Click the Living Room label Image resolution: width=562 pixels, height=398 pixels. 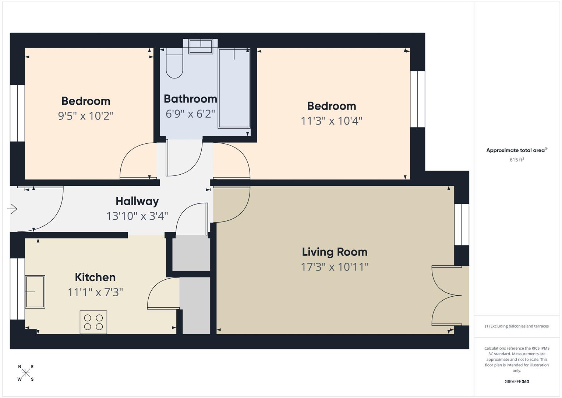pos(335,252)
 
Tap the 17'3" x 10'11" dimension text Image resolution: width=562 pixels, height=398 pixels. pos(335,267)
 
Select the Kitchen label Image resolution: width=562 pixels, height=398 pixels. pos(95,277)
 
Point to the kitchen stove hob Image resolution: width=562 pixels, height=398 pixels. pos(93,322)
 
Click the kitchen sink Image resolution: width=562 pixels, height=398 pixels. pos(35,292)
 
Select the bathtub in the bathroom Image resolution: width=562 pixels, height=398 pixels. pos(234,88)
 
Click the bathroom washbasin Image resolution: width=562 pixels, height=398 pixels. pos(201,46)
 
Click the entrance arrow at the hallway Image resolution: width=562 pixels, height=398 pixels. pos(12,209)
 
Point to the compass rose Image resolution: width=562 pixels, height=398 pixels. pos(26,373)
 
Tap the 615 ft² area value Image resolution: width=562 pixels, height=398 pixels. pos(517,160)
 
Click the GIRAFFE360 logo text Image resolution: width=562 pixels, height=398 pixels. pos(517,381)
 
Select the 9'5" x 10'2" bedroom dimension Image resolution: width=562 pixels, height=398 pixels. pos(86,116)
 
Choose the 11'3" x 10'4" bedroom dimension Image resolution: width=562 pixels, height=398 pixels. pos(332,121)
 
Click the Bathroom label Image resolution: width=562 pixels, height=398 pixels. pos(190,99)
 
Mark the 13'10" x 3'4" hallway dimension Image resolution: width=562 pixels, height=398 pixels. pos(137,216)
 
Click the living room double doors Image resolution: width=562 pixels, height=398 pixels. pos(446,296)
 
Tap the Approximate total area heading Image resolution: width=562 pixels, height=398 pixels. pos(517,150)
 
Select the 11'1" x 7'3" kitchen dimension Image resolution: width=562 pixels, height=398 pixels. pos(95,292)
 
